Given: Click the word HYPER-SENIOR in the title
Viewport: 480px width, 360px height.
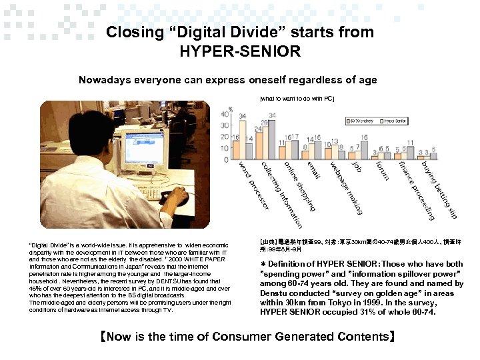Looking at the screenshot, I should [240, 51].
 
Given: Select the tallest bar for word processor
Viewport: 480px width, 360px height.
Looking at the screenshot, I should [242, 139].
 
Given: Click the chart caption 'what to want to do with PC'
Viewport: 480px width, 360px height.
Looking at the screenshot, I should [297, 99].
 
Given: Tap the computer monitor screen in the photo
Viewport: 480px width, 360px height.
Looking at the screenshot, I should [141, 147].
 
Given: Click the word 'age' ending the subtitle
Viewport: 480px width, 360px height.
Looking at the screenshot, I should [368, 80].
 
